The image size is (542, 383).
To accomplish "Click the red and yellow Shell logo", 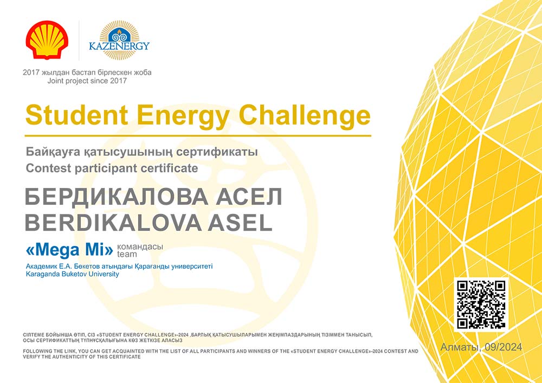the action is point(47,40).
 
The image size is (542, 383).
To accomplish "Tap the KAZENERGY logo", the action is point(119,40).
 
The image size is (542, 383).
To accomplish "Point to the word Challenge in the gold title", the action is point(305,116).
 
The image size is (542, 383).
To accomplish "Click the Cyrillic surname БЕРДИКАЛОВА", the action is point(117,198).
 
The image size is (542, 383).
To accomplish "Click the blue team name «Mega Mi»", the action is point(69,250).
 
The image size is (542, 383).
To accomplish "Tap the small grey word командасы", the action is point(140,247).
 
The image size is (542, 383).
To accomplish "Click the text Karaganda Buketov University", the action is point(72,274).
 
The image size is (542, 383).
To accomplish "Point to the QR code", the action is point(481,304).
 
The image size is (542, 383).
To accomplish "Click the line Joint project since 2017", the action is point(87,81).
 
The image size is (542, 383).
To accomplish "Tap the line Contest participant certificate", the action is point(112,168).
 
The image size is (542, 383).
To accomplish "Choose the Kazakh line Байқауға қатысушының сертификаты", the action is point(141,152).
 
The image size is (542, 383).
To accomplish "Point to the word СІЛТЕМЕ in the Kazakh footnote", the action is point(33,335).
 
